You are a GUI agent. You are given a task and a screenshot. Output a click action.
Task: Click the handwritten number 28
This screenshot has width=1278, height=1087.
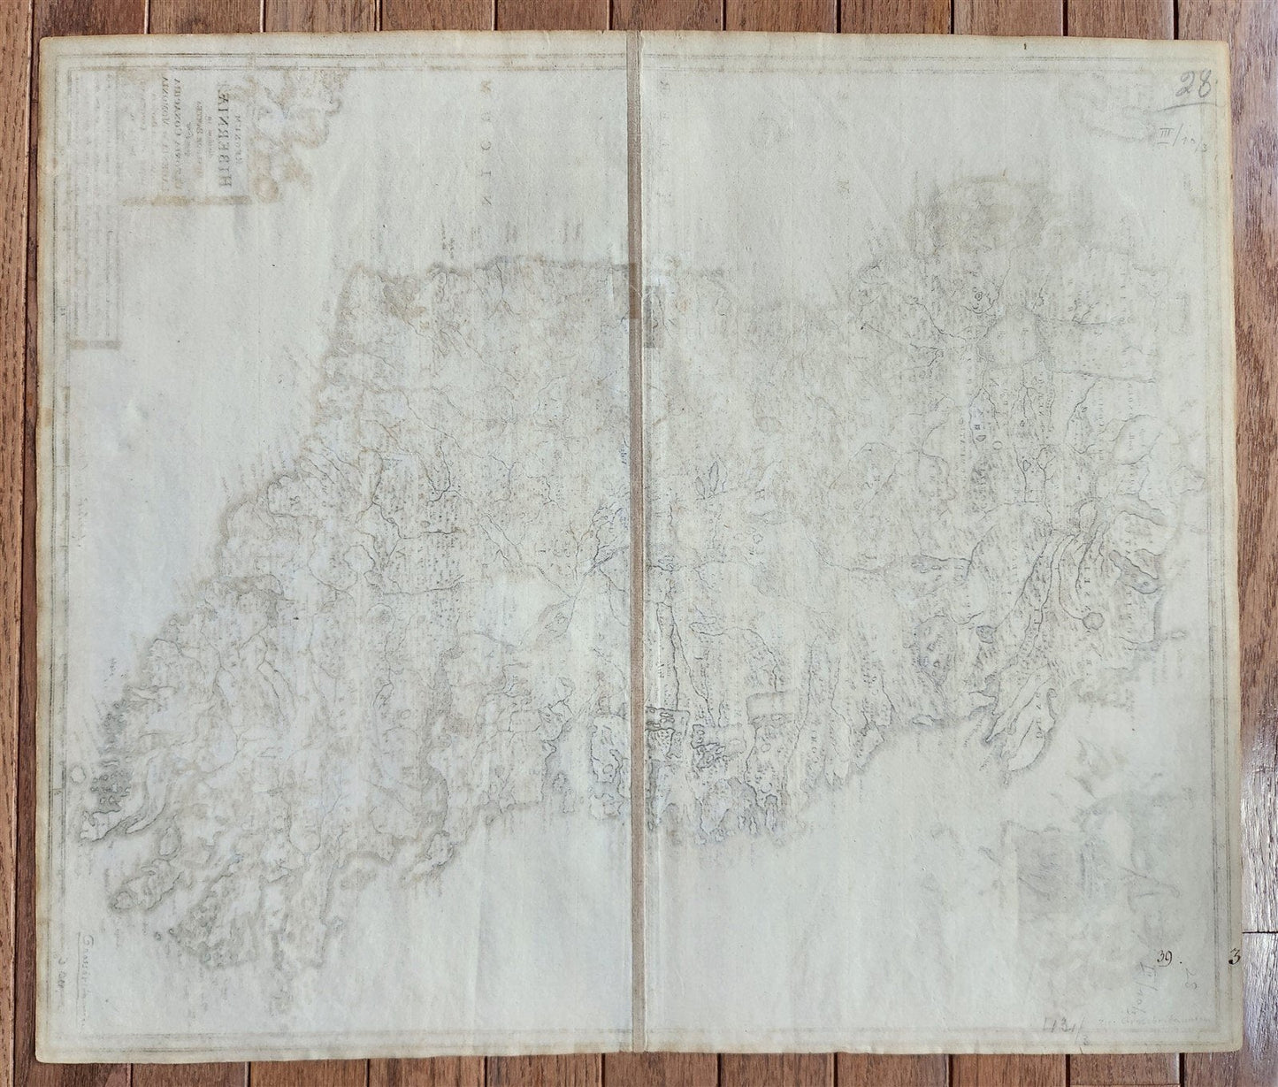click(1194, 88)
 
